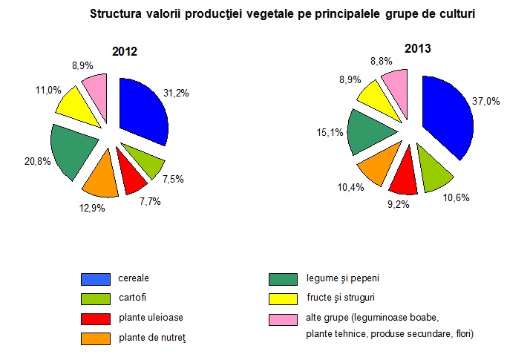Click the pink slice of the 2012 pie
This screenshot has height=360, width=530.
point(97,88)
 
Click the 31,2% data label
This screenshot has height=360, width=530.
point(176,93)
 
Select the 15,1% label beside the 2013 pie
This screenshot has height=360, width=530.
point(331,132)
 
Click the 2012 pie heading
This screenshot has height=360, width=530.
point(125,52)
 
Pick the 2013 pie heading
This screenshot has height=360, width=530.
point(418,49)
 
